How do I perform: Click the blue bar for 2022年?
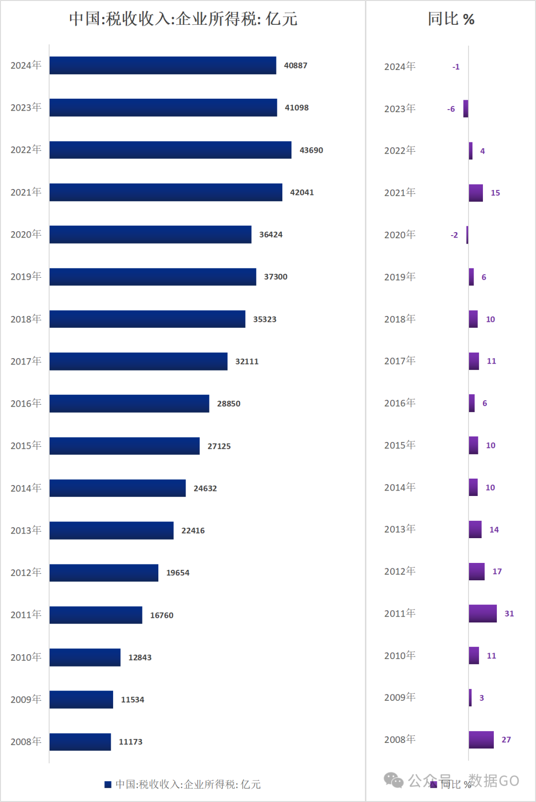[170, 150]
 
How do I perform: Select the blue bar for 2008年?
[80, 741]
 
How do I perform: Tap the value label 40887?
[295, 65]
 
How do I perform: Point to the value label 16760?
[162, 615]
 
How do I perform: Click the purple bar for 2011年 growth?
[482, 614]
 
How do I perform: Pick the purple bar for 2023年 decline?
[466, 109]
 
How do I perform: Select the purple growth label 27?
[506, 740]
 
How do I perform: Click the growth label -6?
[451, 109]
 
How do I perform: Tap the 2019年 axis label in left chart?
[26, 276]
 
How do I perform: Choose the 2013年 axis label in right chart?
[400, 529]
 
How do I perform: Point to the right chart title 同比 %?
[451, 19]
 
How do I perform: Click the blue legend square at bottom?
[108, 784]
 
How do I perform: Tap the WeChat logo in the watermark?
[394, 780]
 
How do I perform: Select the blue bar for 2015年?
[125, 446]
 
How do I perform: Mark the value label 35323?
[265, 319]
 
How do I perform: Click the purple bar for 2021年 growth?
[475, 192]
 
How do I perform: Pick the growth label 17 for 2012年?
[497, 571]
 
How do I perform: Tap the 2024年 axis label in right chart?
[400, 66]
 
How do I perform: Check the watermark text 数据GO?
[494, 780]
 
